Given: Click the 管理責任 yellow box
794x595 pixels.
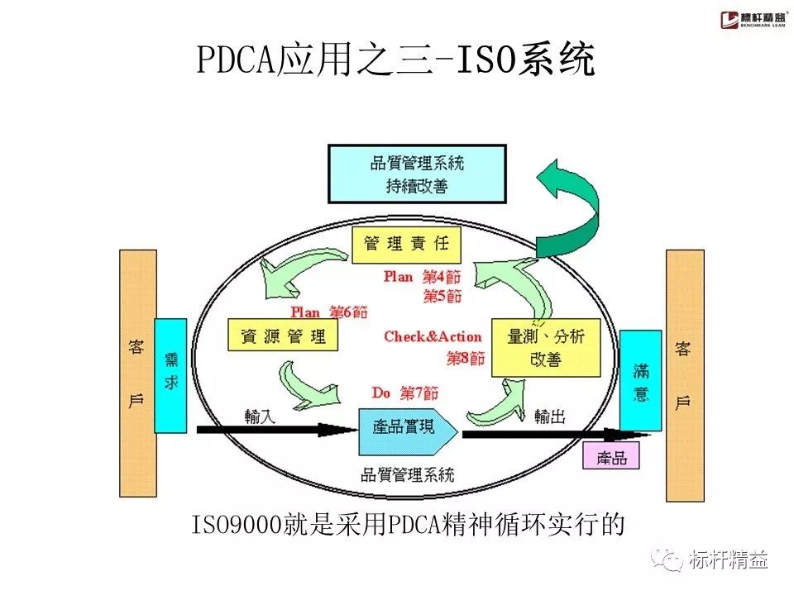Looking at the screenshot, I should pyautogui.click(x=406, y=243).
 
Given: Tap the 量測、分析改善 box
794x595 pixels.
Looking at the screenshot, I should pyautogui.click(x=545, y=348).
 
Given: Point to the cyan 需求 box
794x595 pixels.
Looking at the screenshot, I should pyautogui.click(x=170, y=376).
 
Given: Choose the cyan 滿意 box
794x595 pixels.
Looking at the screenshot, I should pyautogui.click(x=640, y=381).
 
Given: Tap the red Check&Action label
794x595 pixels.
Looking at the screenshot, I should pyautogui.click(x=433, y=337).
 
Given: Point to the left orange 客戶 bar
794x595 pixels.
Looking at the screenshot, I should pyautogui.click(x=137, y=374).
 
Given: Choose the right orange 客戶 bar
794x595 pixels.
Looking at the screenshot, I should pyautogui.click(x=684, y=376).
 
